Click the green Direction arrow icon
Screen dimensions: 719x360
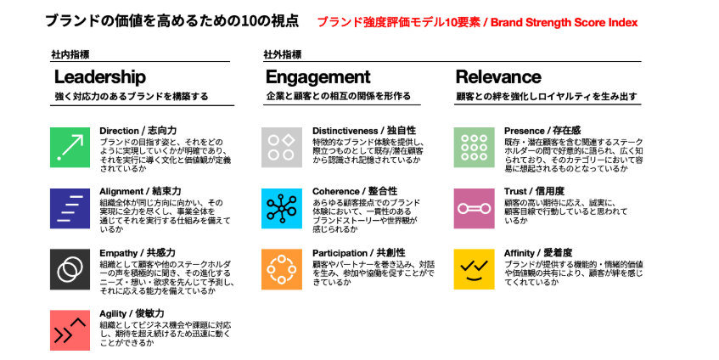pyautogui.click(x=70, y=147)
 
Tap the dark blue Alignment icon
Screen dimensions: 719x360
pyautogui.click(x=70, y=208)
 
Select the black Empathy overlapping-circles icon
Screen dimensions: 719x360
pyautogui.click(x=70, y=269)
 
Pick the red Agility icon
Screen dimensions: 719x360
pyautogui.click(x=70, y=330)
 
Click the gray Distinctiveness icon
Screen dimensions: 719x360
pyautogui.click(x=282, y=147)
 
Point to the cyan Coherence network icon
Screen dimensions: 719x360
pyautogui.click(x=282, y=208)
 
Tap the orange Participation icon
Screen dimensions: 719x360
pyautogui.click(x=282, y=269)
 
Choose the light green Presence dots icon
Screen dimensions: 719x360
pyautogui.click(x=475, y=147)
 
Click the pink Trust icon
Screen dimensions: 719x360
pyautogui.click(x=475, y=208)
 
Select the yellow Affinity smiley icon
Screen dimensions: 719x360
pyautogui.click(x=475, y=269)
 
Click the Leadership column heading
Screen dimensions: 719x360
pyautogui.click(x=100, y=77)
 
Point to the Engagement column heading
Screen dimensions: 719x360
pyautogui.click(x=317, y=77)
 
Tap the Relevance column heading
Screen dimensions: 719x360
pyautogui.click(x=498, y=77)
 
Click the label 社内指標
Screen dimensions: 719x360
pyautogui.click(x=70, y=54)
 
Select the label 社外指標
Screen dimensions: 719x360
pyautogui.click(x=283, y=54)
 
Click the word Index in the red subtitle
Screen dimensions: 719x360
pyautogui.click(x=623, y=22)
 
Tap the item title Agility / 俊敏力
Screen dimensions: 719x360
pyautogui.click(x=132, y=313)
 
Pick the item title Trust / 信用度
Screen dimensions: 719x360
pyautogui.click(x=534, y=191)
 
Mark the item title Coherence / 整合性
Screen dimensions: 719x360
pyautogui.click(x=355, y=191)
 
